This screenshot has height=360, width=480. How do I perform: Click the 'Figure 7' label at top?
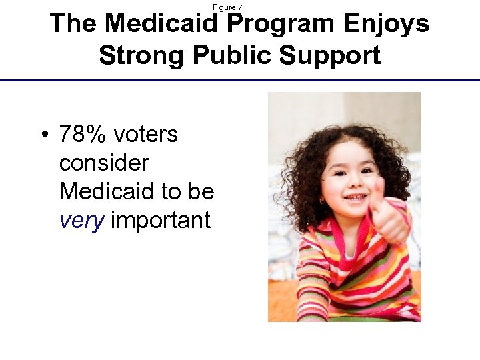pos(227,7)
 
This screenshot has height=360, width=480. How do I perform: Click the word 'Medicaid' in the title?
pos(162,24)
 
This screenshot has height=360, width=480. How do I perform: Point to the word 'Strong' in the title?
pos(143,55)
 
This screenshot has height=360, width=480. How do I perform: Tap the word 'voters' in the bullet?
pos(145,135)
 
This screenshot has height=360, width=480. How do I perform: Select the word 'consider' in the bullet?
pos(103,163)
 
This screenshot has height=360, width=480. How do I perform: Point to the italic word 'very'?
pos(81,221)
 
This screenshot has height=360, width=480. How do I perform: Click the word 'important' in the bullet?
pos(160,221)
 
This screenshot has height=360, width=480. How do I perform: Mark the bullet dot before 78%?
pos(43,135)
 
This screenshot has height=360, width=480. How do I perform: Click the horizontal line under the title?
pos(240,80)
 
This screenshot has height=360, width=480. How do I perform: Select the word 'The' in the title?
pos(73,24)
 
